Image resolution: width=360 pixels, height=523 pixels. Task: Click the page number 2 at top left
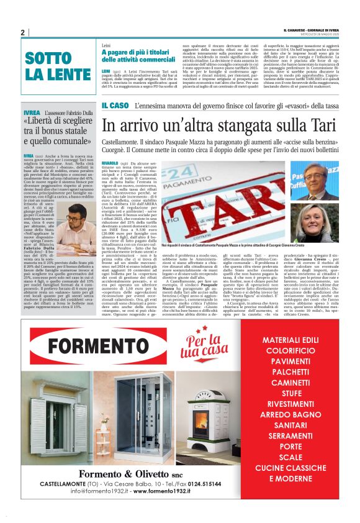pyautogui.click(x=23, y=32)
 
